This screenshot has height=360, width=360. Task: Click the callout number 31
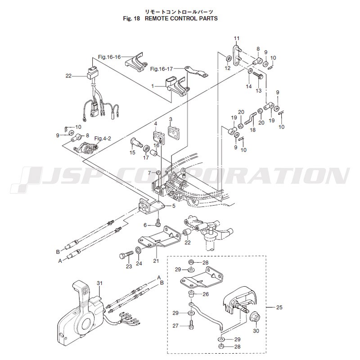[x=99, y=283]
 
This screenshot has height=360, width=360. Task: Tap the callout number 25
[x=279, y=307]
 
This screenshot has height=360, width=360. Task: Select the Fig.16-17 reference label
[x=162, y=69]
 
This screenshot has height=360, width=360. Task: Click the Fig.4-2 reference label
[x=103, y=139]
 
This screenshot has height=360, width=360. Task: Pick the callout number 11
[x=237, y=38]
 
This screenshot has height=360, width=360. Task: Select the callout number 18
[x=252, y=130]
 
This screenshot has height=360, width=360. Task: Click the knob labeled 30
[x=255, y=319]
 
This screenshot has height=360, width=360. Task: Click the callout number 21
[x=156, y=261]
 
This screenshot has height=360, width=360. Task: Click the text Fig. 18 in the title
[x=131, y=18]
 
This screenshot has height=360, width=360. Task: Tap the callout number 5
[x=174, y=206]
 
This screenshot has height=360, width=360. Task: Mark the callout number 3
[x=171, y=119]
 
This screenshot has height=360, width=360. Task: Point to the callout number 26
[x=206, y=294]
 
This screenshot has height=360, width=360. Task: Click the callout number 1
[x=153, y=86]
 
